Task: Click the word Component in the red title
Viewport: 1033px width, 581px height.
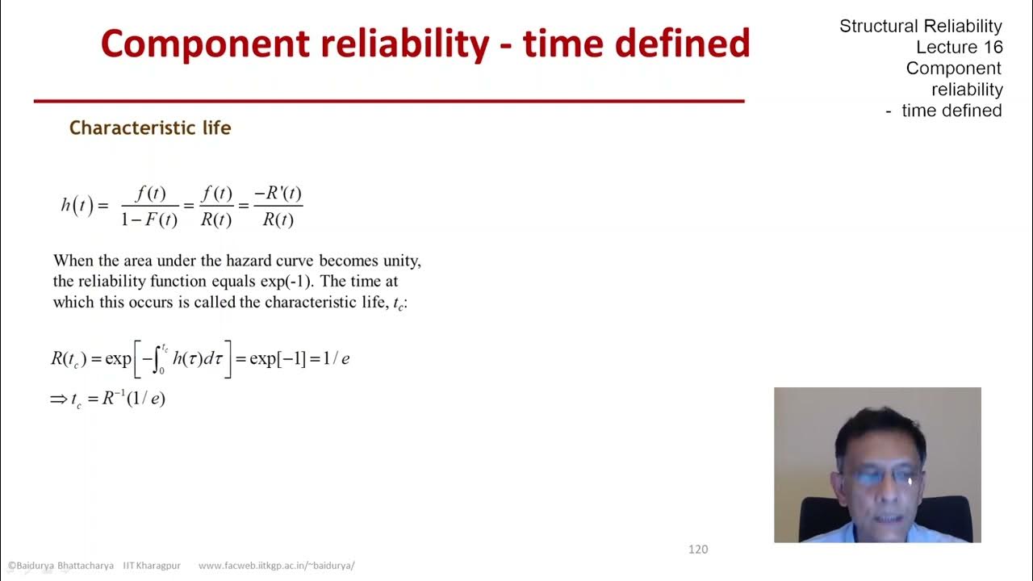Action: pyautogui.click(x=204, y=44)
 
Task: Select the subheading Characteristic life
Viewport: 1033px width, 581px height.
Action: pyautogui.click(x=150, y=128)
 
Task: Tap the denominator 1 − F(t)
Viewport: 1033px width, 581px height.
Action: pyautogui.click(x=149, y=219)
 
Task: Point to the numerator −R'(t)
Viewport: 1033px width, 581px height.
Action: pyautogui.click(x=278, y=194)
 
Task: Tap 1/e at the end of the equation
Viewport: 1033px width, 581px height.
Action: pyautogui.click(x=336, y=358)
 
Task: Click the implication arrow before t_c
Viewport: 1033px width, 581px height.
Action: pyautogui.click(x=59, y=399)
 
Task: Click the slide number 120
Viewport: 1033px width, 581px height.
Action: pyautogui.click(x=698, y=550)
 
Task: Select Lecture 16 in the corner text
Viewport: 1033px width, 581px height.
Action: pyautogui.click(x=959, y=48)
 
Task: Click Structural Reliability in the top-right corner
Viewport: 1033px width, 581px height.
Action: pyautogui.click(x=920, y=27)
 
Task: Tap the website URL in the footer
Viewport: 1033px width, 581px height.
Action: pyautogui.click(x=276, y=566)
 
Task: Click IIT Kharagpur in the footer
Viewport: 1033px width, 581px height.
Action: pyautogui.click(x=153, y=566)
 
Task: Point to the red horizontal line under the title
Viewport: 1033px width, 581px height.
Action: pyautogui.click(x=388, y=101)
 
